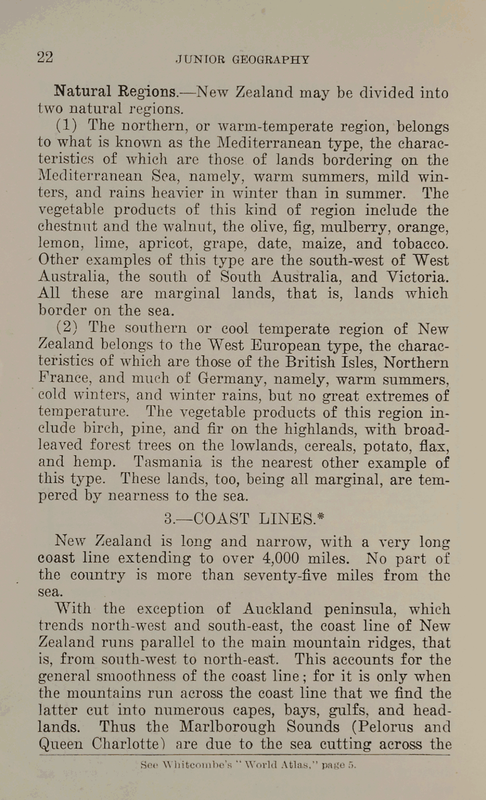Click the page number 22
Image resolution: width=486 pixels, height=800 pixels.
pos(45,57)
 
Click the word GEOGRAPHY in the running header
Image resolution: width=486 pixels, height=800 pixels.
pos(270,60)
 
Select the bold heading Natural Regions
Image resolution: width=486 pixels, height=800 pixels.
pos(116,92)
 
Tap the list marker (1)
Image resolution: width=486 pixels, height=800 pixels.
pos(66,126)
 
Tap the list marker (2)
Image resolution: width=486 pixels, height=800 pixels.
pos(66,327)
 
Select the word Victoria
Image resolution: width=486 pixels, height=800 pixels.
pos(417,277)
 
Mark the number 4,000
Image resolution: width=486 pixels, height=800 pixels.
pos(281,559)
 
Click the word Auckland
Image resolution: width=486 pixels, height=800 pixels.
pos(277,609)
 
